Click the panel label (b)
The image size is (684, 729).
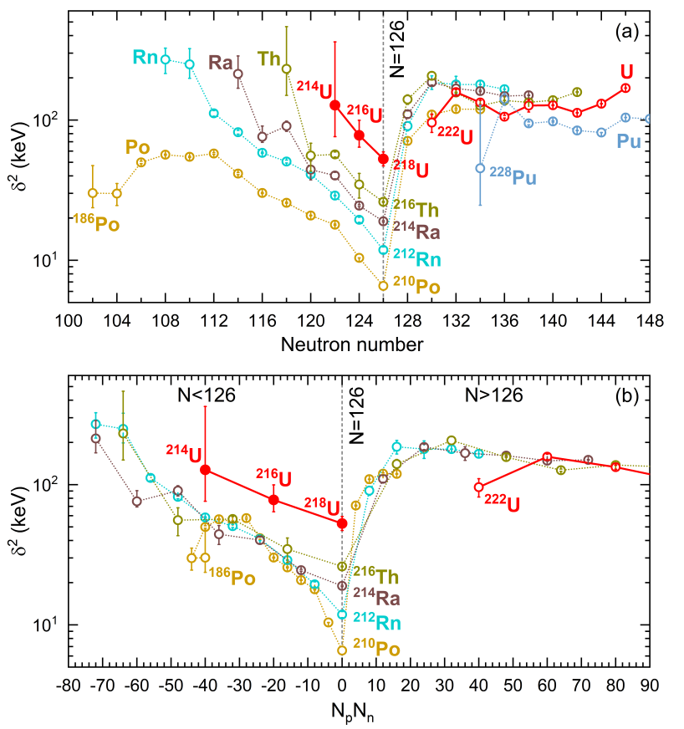[x=626, y=397]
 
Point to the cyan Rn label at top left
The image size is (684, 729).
[x=145, y=58]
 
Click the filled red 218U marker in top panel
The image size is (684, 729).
[x=384, y=159]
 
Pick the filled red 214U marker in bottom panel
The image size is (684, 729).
[x=206, y=470]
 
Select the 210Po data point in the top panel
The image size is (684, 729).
[x=384, y=286]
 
